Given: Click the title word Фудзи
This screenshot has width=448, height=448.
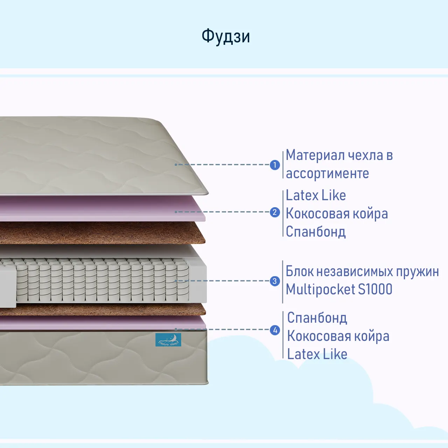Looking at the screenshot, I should [x=226, y=36].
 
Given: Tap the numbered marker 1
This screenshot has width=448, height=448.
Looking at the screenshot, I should [x=275, y=165].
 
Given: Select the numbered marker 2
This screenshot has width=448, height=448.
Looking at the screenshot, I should [x=275, y=212].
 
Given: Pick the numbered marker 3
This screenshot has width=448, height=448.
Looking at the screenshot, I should [x=275, y=281].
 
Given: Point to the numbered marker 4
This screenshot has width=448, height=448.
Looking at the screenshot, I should [x=275, y=330].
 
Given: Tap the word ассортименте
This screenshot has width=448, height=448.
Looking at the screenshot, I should [x=327, y=174].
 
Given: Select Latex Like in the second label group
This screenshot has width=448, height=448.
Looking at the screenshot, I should [x=316, y=195].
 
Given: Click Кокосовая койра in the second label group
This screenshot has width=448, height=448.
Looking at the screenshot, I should [x=337, y=213].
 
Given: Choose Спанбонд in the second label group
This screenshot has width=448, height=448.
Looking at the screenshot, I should [x=316, y=232].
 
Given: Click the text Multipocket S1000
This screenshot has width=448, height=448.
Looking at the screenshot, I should [x=339, y=289].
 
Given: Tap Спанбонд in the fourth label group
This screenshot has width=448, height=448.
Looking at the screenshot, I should [x=317, y=318].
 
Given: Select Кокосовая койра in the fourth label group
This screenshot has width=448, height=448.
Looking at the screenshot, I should [x=338, y=336].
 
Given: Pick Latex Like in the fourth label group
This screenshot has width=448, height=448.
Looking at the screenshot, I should [x=317, y=354].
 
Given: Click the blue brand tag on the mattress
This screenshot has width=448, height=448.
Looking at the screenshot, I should [x=168, y=340].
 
